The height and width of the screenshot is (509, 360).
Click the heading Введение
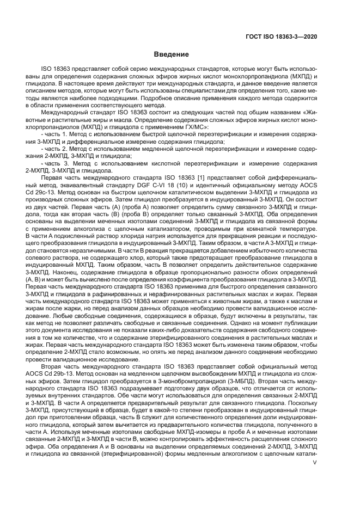171,54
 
